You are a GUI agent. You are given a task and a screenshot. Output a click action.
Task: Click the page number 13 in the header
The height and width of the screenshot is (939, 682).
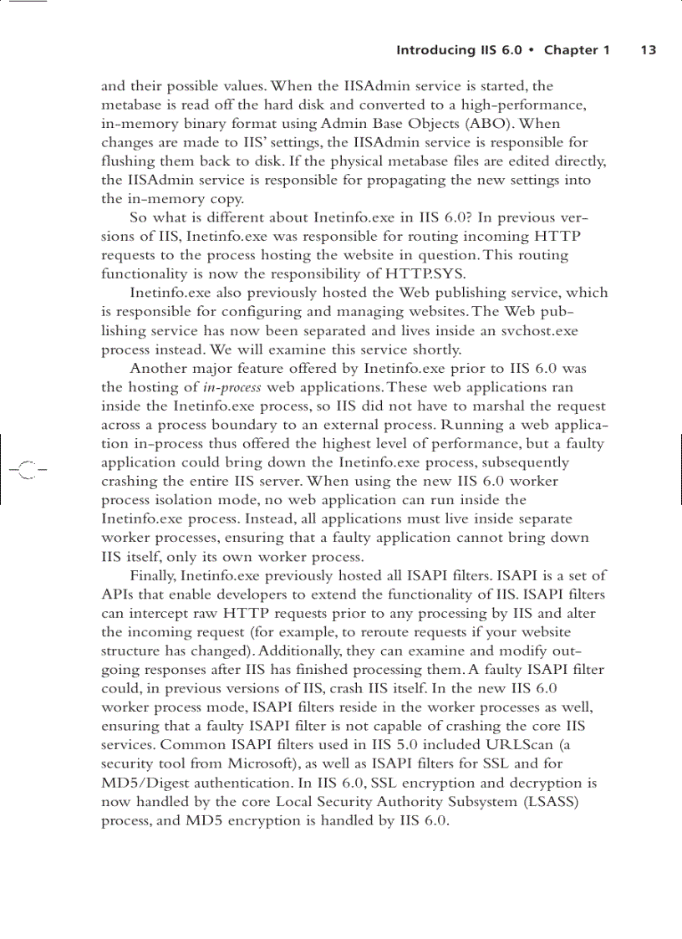[648, 50]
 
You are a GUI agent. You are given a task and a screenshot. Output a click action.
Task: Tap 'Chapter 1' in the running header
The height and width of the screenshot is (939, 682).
[577, 50]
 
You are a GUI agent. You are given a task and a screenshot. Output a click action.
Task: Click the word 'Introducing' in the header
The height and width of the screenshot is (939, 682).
[435, 50]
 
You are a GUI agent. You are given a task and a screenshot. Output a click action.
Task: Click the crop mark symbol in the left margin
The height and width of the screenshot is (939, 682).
[26, 469]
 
